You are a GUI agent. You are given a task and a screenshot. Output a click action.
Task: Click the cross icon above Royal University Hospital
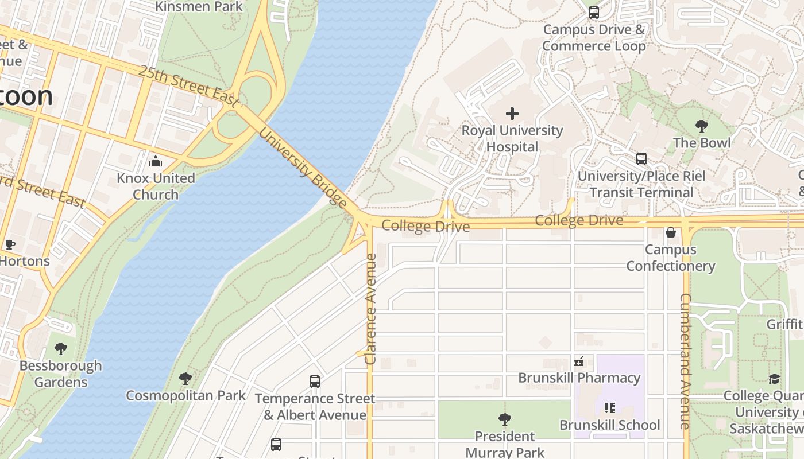(x=512, y=114)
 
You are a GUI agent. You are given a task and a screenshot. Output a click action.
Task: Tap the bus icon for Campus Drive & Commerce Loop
(x=594, y=12)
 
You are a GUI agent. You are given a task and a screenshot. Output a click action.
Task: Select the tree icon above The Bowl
(x=701, y=126)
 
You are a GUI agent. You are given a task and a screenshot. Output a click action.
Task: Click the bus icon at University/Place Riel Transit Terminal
(x=641, y=159)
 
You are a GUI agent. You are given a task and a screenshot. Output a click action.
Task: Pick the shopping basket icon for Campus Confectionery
(x=670, y=232)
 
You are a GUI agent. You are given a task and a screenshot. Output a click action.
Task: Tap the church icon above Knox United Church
(x=156, y=161)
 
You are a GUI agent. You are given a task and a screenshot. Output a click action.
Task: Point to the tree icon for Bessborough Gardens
(x=60, y=348)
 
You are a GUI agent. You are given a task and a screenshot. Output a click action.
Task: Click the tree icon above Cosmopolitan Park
(x=185, y=379)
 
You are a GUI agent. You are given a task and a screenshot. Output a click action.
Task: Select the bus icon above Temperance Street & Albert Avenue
(x=315, y=382)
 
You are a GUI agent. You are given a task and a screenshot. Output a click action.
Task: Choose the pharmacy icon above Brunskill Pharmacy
(x=579, y=361)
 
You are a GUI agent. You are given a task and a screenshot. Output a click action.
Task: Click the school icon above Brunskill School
(x=609, y=408)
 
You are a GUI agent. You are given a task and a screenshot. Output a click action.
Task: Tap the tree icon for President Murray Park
(x=504, y=419)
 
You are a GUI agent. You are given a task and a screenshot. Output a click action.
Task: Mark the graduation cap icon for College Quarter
(x=774, y=379)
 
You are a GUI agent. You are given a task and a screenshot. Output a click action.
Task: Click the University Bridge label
(x=303, y=167)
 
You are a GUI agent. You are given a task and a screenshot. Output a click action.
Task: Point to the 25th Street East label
(x=188, y=87)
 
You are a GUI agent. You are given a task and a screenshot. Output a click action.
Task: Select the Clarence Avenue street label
(x=370, y=309)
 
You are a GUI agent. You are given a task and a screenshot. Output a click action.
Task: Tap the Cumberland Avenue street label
(x=685, y=361)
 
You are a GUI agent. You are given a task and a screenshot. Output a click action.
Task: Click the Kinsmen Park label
(x=199, y=7)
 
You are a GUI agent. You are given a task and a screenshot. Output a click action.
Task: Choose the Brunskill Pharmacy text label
(x=579, y=378)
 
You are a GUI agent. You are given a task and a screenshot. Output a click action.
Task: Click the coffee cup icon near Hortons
(x=10, y=245)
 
